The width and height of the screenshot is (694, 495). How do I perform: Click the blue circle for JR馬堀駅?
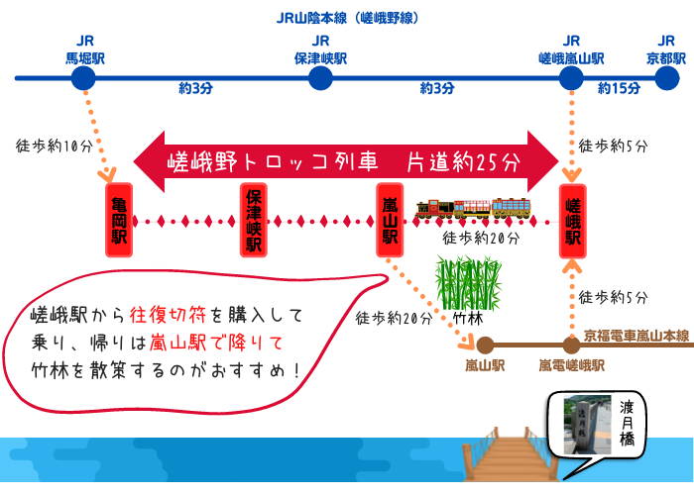84,77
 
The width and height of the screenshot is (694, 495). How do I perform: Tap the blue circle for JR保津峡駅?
320,77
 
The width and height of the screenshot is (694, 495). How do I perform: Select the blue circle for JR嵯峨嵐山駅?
571,77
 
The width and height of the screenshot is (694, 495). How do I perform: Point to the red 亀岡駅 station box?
120,220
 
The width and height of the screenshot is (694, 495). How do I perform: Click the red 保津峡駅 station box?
254,220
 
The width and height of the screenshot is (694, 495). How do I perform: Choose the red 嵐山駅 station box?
389,220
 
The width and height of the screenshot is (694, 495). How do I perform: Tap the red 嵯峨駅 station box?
572,220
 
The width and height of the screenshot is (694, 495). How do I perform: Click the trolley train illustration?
473,208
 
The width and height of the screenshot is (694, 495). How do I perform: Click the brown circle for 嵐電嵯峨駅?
571,345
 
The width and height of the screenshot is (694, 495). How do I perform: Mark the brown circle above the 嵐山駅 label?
485,345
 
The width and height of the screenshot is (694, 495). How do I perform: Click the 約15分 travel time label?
619,89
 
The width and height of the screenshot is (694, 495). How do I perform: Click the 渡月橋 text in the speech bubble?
628,422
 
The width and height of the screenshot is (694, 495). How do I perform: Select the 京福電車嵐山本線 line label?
636,336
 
